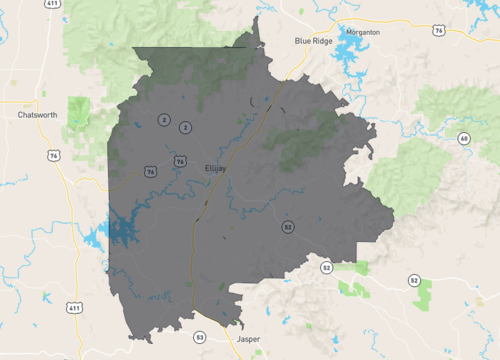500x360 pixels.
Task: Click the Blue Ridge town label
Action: [x=313, y=40]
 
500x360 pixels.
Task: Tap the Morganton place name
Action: [x=362, y=32]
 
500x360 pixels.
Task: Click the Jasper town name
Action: [x=247, y=340]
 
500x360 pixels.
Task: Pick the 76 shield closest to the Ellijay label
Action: [x=180, y=161]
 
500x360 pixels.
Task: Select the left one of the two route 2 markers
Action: [x=162, y=120]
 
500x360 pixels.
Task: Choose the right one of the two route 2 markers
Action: [x=186, y=127]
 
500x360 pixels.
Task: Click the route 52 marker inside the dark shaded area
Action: [x=287, y=227]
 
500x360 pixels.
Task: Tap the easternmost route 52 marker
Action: [x=414, y=280]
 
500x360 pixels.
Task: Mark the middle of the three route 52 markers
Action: [x=326, y=268]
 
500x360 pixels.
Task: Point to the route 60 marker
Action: [x=464, y=138]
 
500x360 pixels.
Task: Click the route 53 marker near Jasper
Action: [x=200, y=336]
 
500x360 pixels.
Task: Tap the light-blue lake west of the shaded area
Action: [x=96, y=240]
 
